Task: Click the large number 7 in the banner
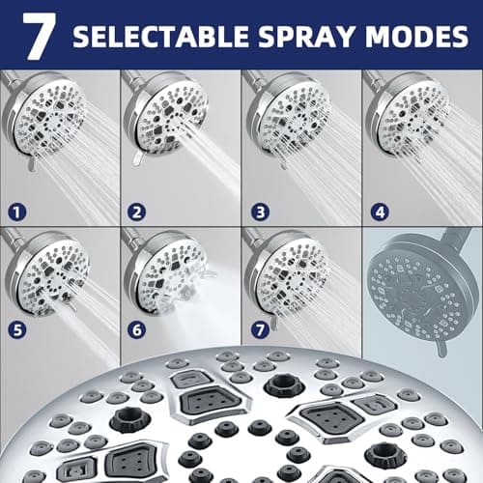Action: [39, 36]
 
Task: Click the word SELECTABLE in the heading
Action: [160, 36]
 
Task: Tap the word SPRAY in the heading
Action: [307, 36]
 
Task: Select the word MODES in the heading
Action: [416, 36]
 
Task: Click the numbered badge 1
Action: [17, 212]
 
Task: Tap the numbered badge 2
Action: [136, 212]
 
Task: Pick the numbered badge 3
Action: [260, 212]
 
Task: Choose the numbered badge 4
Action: [380, 212]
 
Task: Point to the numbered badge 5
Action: [17, 329]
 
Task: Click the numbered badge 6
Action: [136, 329]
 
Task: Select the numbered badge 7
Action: [260, 329]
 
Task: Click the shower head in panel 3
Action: [288, 116]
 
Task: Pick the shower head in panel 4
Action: [408, 116]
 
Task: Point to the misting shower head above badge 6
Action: [166, 273]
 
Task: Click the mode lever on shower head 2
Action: [138, 158]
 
